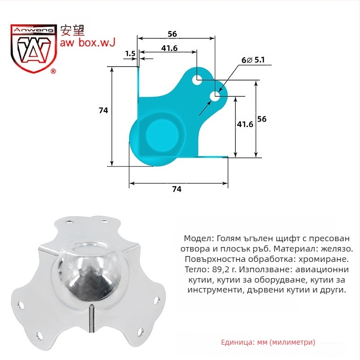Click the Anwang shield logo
click(x=33, y=49)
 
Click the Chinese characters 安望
click(x=72, y=30)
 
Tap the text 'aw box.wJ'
click(x=87, y=42)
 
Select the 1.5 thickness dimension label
click(x=130, y=54)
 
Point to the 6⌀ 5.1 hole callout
click(x=253, y=60)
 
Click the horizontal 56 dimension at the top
click(x=172, y=34)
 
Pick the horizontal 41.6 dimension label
click(x=170, y=48)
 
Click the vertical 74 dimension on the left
click(x=103, y=110)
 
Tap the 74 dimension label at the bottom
click(x=176, y=189)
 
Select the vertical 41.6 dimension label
click(x=245, y=124)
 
